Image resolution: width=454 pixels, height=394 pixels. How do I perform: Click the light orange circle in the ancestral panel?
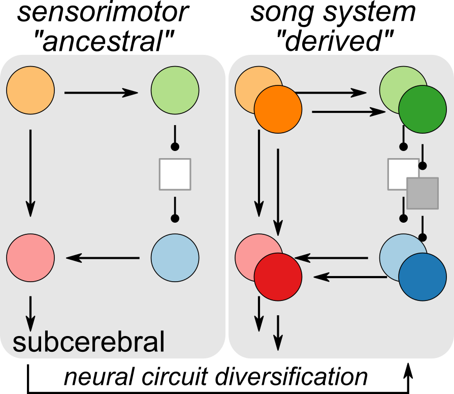(x=30, y=92)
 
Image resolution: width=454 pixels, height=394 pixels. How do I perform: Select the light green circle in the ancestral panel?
(x=175, y=92)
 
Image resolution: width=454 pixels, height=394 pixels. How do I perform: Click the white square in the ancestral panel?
(x=175, y=174)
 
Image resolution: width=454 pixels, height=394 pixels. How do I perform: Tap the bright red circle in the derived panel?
(x=278, y=276)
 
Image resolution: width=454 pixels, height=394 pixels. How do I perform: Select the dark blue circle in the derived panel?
(x=422, y=276)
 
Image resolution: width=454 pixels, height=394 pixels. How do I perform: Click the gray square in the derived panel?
(x=422, y=193)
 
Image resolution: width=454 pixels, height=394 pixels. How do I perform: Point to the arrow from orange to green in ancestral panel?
(x=102, y=93)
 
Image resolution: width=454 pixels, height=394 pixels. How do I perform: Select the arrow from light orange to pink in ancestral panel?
(x=30, y=173)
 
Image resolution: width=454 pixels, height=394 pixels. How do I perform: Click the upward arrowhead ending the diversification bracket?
(x=409, y=368)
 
